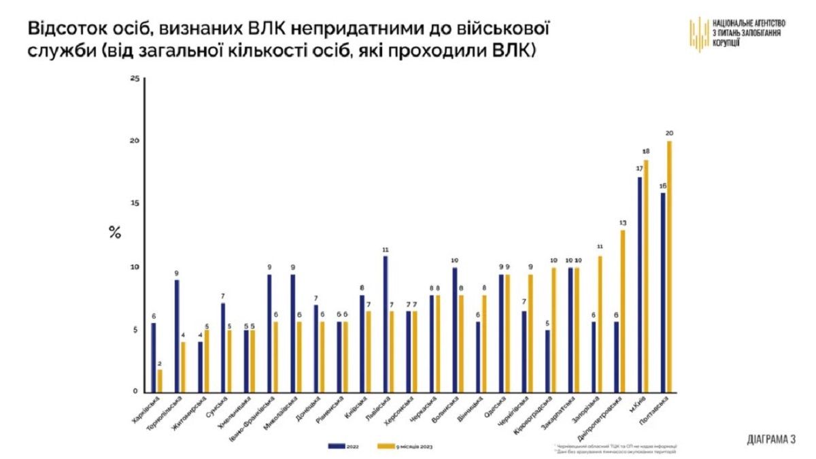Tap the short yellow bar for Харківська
click(160, 381)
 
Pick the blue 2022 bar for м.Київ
click(639, 285)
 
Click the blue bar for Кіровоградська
click(547, 361)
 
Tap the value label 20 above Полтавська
click(669, 133)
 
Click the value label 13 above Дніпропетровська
click(622, 222)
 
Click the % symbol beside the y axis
click(114, 231)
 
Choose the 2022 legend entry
click(346, 446)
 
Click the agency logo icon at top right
click(699, 34)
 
